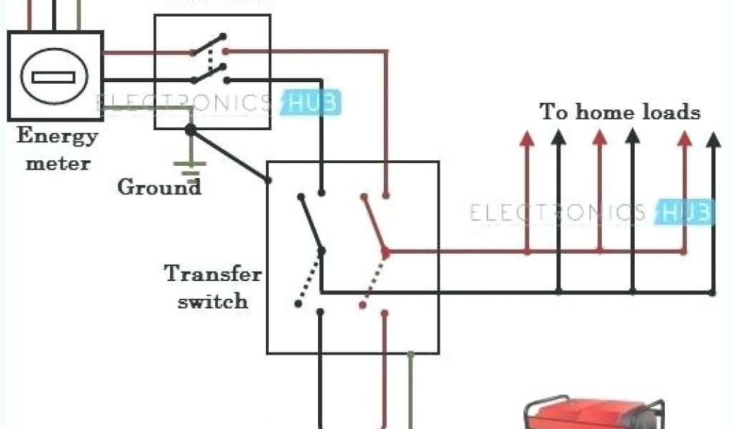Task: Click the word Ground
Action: [159, 188]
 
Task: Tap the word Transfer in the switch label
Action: [213, 274]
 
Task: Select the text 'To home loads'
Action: [619, 112]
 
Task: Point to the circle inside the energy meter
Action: [54, 77]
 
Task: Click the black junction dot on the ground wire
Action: [190, 129]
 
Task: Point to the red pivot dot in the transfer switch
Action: [385, 252]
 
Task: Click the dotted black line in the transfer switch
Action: [310, 279]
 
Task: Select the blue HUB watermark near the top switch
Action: [313, 104]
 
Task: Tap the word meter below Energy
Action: [59, 163]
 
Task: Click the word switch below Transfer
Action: [213, 301]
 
